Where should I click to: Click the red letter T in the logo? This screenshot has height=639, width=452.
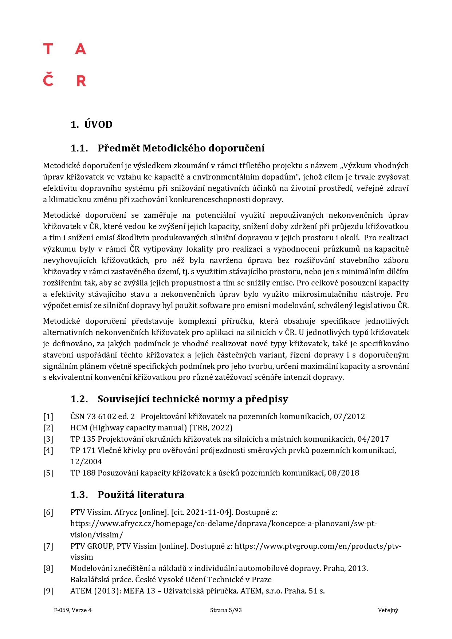[x=48, y=49]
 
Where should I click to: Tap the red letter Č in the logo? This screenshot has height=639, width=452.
[x=48, y=80]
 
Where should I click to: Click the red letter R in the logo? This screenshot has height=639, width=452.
[x=81, y=81]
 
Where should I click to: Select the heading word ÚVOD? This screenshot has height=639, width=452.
[x=98, y=125]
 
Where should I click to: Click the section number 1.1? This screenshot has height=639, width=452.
[x=79, y=148]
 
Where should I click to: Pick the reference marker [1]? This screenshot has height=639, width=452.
[x=48, y=417]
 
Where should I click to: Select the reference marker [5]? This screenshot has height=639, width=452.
[x=48, y=473]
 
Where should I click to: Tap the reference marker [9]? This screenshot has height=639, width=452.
[x=48, y=591]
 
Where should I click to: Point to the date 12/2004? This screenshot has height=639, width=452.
[x=86, y=462]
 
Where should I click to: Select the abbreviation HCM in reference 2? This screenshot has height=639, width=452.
[x=79, y=428]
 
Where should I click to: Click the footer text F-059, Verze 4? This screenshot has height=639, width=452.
[x=73, y=610]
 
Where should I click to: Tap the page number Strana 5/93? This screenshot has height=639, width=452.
[x=226, y=610]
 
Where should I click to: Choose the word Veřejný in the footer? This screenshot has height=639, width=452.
[x=388, y=610]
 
